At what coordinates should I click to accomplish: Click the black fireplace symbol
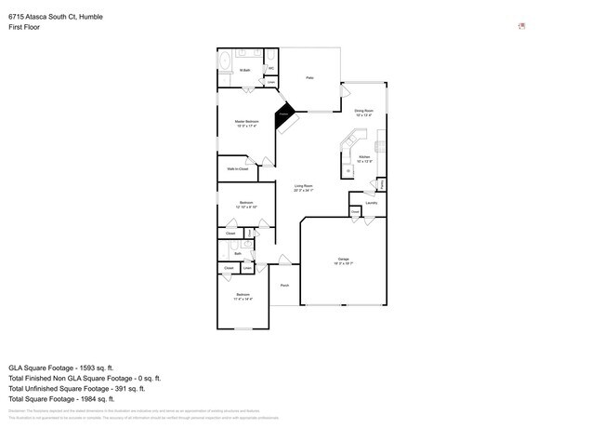coord(285,115)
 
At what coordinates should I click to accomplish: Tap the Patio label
coord(309,78)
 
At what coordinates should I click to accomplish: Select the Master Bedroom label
coord(246,123)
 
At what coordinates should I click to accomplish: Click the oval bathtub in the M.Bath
coord(224,62)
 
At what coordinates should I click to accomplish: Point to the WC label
coord(271,69)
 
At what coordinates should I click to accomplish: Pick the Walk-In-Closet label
coord(237,168)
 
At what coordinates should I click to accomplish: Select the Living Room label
coord(304,188)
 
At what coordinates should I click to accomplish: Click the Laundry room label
coord(371,202)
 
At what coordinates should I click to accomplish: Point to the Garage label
coord(343,261)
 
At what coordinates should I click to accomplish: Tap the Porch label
coord(284,286)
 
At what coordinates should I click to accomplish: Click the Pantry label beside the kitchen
coord(382,183)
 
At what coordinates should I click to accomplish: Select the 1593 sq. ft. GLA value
coord(128,368)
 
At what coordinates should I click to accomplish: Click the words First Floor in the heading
coord(24,27)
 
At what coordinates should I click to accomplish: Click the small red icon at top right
coord(521,26)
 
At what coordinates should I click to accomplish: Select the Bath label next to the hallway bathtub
coord(238,253)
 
